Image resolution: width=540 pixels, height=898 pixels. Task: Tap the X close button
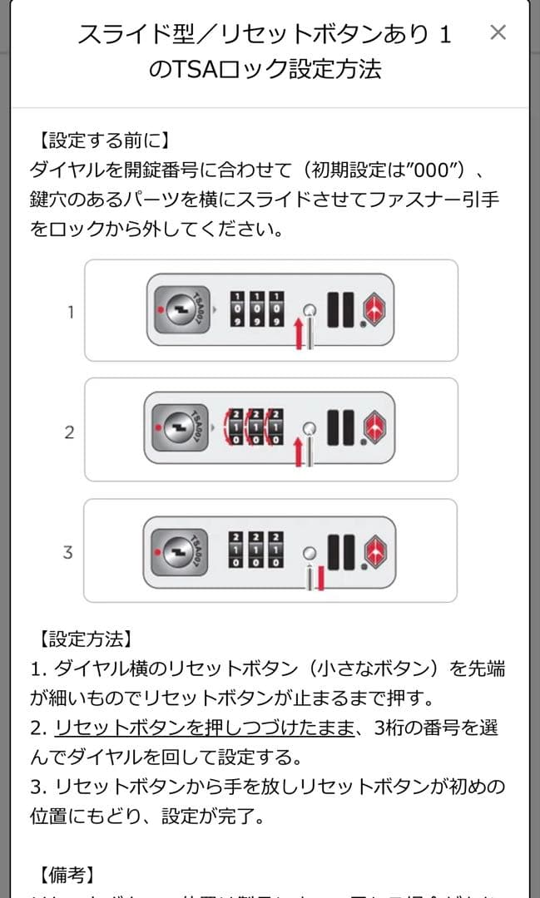498,32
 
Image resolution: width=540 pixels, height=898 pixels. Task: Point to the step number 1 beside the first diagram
71,313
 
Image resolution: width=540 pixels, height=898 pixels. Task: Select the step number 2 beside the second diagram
70,432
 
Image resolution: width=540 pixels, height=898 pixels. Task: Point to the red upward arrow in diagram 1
298,333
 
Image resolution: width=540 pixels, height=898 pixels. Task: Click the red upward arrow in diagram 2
297,451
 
